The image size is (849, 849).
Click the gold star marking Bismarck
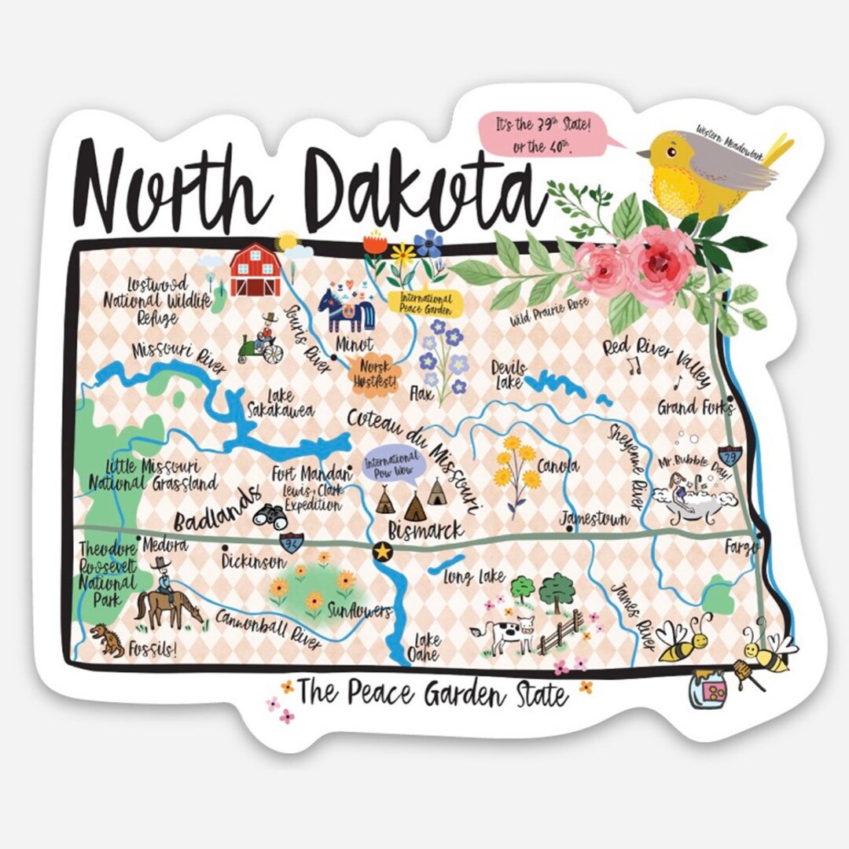tap(383, 552)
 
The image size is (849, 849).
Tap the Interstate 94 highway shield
tap(291, 542)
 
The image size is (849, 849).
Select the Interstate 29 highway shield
tap(731, 454)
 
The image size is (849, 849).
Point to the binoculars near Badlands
tap(270, 515)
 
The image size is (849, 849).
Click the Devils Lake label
tap(509, 374)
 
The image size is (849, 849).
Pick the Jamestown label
tap(594, 519)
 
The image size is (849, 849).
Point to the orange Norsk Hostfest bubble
tap(374, 374)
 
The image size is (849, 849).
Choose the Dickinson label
tap(252, 562)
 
